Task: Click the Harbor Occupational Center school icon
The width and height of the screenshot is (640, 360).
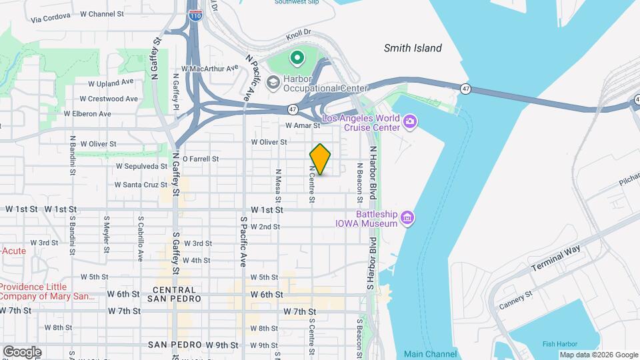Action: click(273, 83)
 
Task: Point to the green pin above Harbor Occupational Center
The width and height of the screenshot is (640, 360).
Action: click(296, 59)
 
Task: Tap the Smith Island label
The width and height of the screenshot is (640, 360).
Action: click(413, 48)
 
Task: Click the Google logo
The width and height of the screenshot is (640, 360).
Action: click(22, 351)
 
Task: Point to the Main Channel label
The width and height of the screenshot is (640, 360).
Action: click(430, 354)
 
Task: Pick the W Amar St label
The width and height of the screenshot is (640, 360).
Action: click(299, 125)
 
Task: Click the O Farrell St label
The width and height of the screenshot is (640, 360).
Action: click(201, 159)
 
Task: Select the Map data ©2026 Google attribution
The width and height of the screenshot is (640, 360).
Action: click(598, 355)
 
